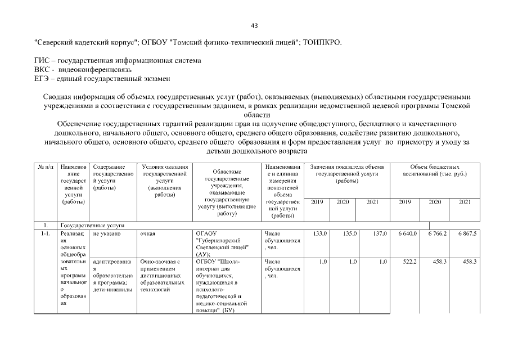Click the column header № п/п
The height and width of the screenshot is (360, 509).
(x=45, y=167)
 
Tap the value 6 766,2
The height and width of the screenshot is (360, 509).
(x=436, y=233)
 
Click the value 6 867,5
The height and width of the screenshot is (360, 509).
(x=466, y=233)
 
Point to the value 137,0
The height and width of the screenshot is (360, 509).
(x=380, y=233)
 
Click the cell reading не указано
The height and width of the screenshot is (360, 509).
(x=106, y=233)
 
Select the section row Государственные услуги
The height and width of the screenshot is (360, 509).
(x=92, y=225)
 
